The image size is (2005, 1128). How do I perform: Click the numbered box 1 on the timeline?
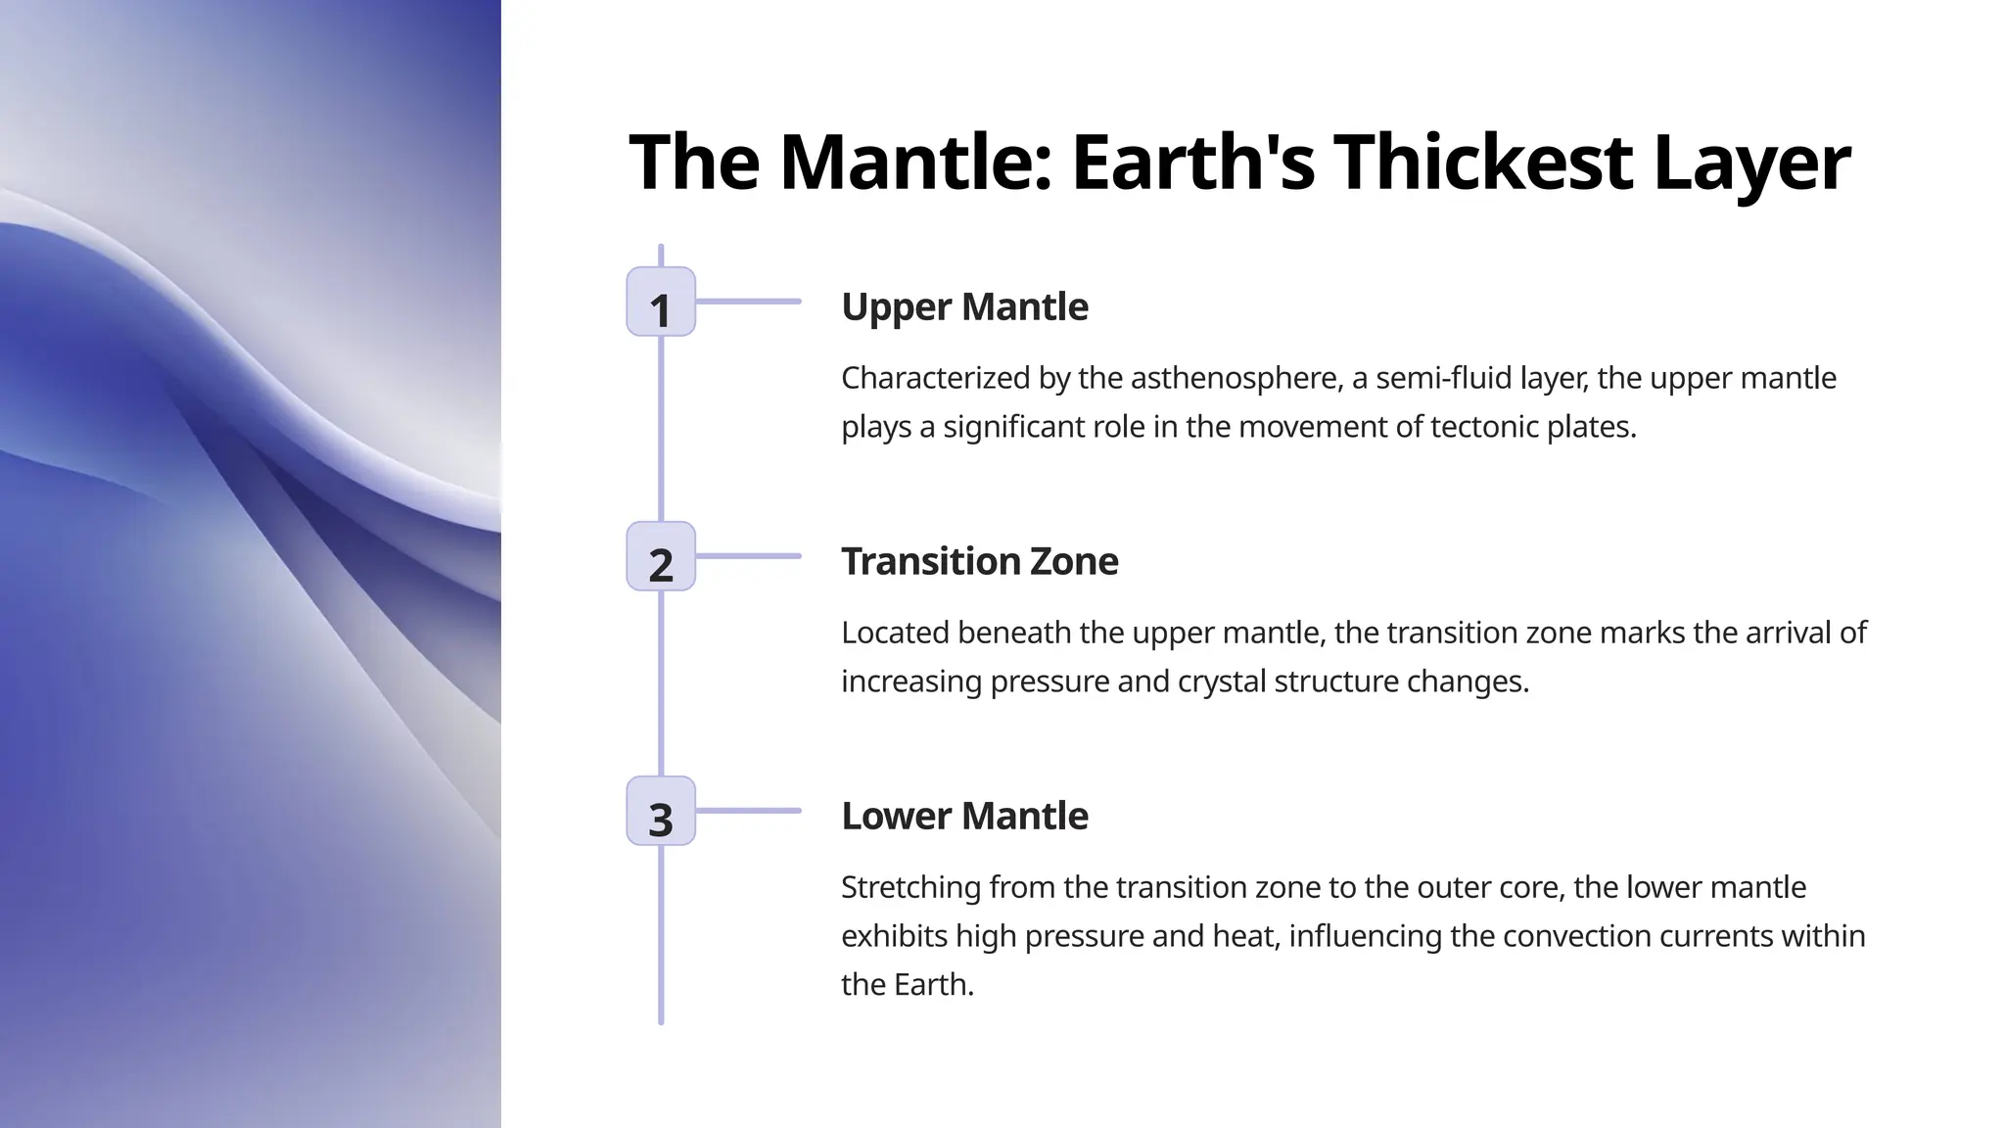coord(661,302)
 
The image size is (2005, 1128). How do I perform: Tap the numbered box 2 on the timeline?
coord(661,556)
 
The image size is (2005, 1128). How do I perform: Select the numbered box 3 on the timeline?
coord(661,811)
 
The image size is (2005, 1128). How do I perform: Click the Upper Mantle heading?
coord(964,306)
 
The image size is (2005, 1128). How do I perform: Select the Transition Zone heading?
coord(979,561)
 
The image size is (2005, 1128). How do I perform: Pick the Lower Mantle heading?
coord(964,816)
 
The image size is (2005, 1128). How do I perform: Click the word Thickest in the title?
coord(1482,162)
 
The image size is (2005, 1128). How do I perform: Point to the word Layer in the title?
coord(1751,162)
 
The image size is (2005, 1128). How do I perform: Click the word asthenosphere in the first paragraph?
coord(1236,378)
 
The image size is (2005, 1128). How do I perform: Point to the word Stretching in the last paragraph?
coord(910,887)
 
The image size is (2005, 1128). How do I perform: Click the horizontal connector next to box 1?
coord(749,302)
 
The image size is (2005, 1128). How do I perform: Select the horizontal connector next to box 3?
coord(749,811)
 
